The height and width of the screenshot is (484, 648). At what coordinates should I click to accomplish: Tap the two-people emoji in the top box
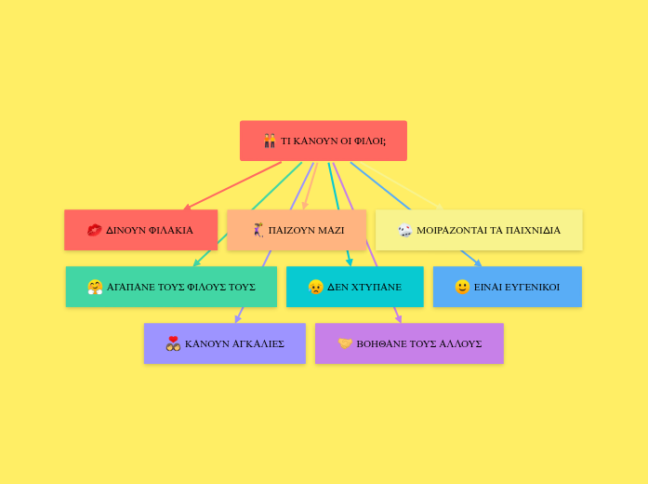(270, 141)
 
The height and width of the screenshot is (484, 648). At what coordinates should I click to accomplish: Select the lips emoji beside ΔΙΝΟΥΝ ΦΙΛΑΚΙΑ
(94, 230)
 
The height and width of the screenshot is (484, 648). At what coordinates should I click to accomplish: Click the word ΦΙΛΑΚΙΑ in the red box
(171, 230)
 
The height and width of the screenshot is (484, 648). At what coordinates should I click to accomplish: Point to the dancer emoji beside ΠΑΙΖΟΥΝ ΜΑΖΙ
(258, 230)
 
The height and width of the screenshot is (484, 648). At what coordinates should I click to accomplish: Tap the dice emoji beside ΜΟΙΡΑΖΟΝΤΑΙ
(405, 230)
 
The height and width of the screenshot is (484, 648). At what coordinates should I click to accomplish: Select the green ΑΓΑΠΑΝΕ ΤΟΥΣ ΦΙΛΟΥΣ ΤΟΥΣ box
(171, 287)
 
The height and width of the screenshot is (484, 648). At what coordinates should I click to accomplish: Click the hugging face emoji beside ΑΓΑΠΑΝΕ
(95, 287)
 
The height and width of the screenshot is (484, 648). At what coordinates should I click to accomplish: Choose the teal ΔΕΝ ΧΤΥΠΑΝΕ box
(354, 287)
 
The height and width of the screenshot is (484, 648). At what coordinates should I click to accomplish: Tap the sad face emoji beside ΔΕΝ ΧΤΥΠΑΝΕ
(315, 287)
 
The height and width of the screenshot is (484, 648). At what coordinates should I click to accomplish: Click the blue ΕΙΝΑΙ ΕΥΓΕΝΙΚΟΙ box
(508, 287)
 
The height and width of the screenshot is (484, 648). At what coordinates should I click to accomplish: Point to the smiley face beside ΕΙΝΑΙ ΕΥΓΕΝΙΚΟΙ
(462, 287)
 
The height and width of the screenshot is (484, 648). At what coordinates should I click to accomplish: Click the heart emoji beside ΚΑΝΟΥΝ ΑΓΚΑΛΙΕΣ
(173, 343)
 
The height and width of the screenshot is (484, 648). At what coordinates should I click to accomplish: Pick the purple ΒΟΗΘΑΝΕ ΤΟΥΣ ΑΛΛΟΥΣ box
(409, 343)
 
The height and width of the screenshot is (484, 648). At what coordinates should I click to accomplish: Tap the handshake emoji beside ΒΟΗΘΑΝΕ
(345, 343)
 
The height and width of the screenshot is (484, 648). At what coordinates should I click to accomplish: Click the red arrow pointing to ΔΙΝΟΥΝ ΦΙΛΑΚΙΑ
(232, 185)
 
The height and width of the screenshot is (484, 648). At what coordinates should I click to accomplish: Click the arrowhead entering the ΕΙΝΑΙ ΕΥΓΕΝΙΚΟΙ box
(478, 263)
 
